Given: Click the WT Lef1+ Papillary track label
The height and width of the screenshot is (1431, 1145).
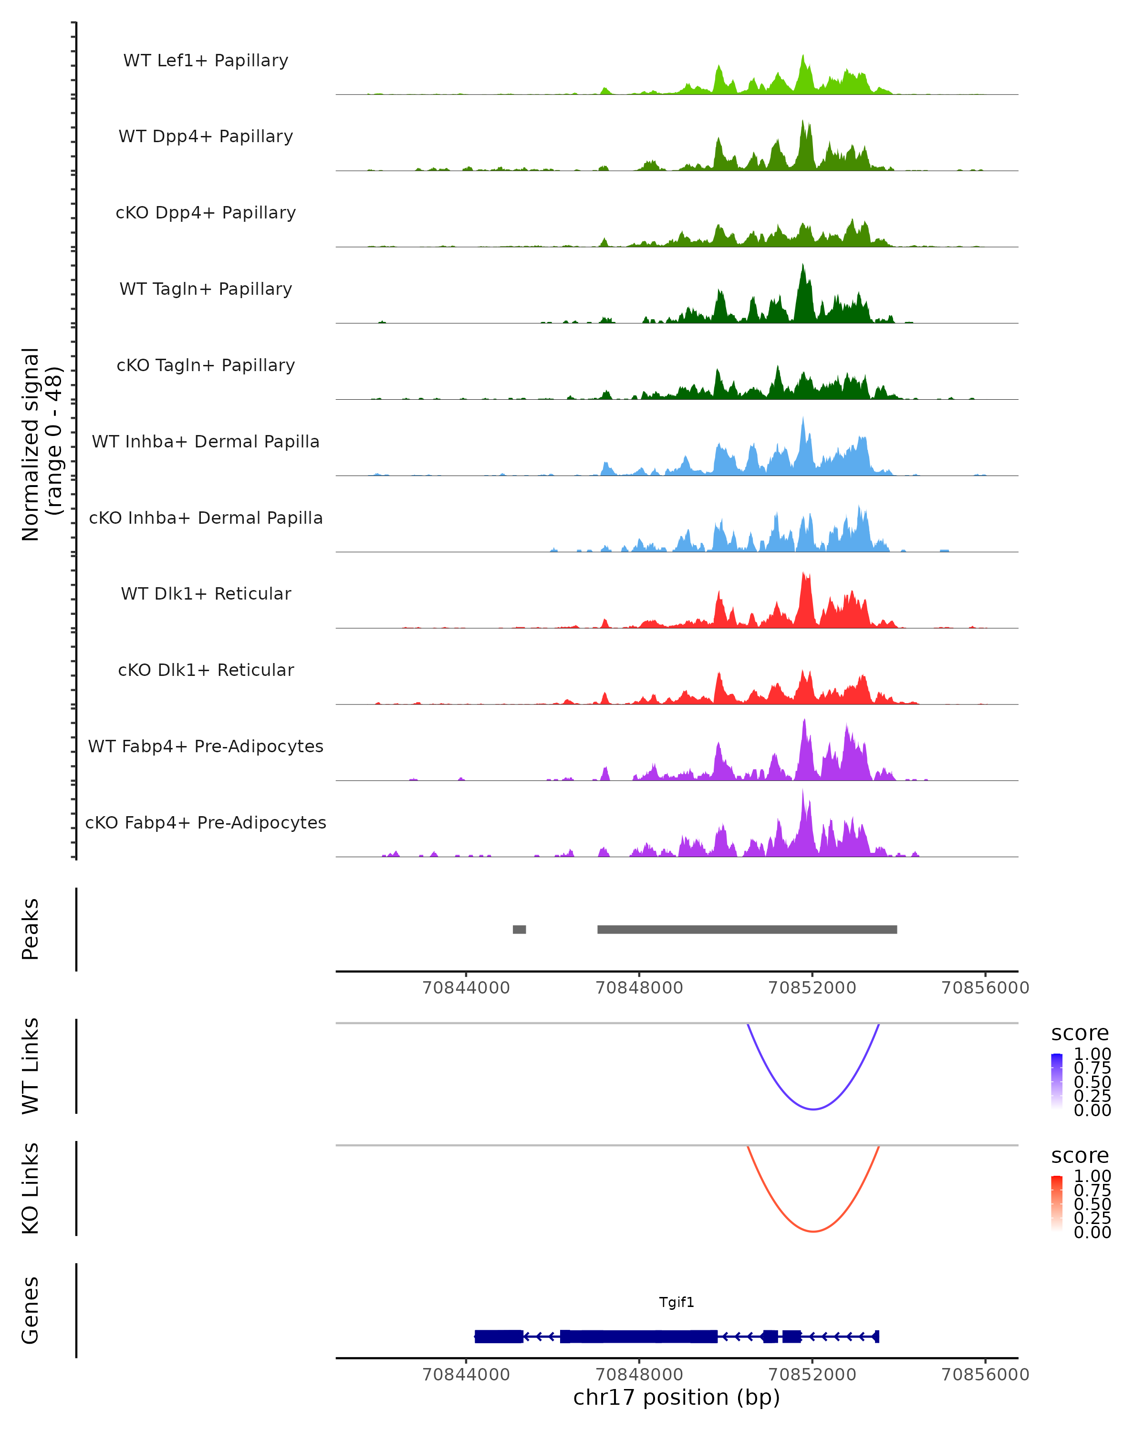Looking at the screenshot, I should [x=206, y=61].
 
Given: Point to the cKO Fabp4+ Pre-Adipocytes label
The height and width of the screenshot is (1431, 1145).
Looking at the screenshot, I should [x=206, y=822].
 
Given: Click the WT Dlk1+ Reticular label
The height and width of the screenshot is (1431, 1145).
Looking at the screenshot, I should [x=206, y=593].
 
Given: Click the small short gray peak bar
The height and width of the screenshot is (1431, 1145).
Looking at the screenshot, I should [x=519, y=929].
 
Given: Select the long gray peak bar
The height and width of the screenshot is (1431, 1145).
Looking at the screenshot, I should [x=747, y=929].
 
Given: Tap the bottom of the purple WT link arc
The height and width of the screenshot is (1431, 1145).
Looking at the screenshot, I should [x=813, y=1109].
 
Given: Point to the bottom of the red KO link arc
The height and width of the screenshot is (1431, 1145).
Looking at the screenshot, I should [x=813, y=1231].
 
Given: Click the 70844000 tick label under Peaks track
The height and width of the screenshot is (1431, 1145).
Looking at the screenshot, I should [x=466, y=988].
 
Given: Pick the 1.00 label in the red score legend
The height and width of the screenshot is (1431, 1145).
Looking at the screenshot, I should [x=1092, y=1176].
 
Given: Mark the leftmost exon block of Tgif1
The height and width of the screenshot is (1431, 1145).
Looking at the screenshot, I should [x=499, y=1336].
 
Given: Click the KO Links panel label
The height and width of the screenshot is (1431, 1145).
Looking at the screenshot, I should [x=31, y=1188].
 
